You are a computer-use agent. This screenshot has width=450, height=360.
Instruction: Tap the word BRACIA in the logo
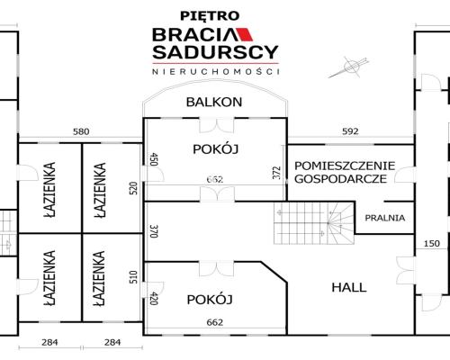[x=193, y=34]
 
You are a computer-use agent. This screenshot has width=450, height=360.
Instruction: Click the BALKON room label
[x=213, y=102]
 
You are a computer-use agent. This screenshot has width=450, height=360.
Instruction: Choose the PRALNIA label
[x=385, y=218]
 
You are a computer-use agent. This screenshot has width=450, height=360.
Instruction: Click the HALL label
[x=348, y=287]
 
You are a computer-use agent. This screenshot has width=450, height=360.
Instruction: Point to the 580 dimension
[x=81, y=132]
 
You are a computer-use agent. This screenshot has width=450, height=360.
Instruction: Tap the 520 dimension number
[x=132, y=187]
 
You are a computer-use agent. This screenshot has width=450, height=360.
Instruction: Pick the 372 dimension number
[x=276, y=174]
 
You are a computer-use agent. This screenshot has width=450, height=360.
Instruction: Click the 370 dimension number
[x=153, y=230]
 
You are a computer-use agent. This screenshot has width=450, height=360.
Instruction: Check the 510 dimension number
[x=132, y=277]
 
